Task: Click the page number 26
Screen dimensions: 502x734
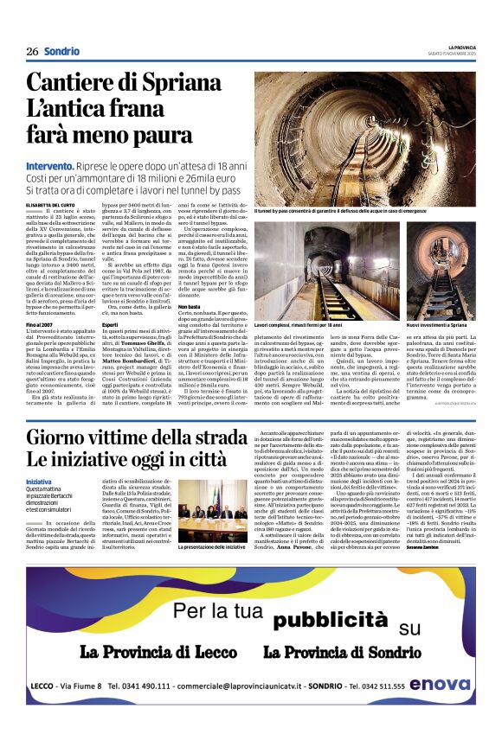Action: point(32,51)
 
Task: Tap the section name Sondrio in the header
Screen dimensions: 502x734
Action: point(61,51)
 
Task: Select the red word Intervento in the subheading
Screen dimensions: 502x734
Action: point(49,164)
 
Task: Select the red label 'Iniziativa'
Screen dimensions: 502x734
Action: point(38,481)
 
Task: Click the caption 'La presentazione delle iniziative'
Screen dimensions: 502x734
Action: point(211,546)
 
